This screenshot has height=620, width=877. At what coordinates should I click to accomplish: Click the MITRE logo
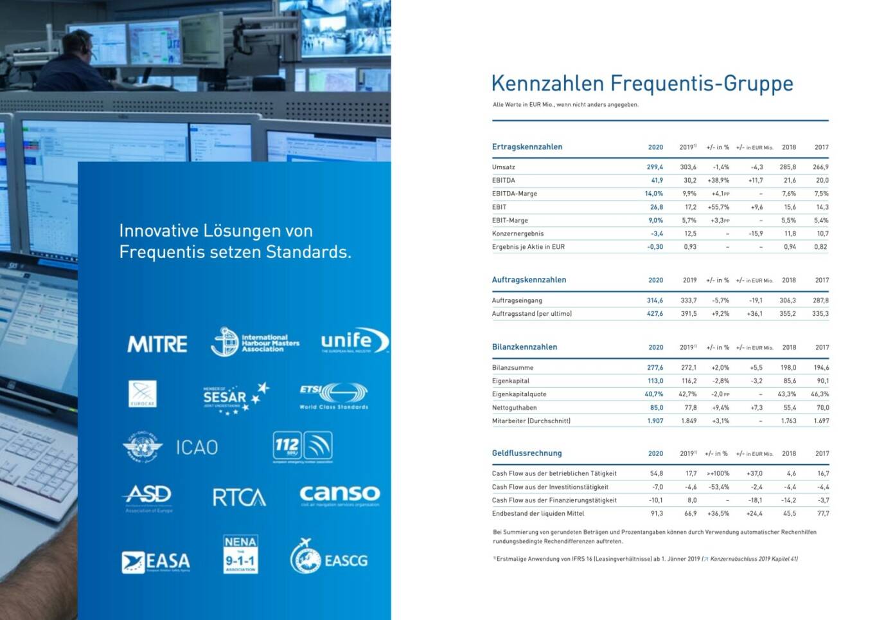tap(157, 344)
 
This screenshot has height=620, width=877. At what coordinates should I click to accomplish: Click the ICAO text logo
tap(197, 447)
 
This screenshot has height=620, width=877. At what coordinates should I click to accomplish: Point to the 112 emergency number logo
tap(303, 446)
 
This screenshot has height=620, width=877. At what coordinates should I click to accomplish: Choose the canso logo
tap(339, 495)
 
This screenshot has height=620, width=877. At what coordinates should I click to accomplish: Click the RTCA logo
tap(239, 497)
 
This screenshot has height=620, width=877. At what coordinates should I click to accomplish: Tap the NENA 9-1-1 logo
tap(240, 554)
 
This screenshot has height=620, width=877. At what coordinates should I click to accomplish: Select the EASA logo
tap(156, 561)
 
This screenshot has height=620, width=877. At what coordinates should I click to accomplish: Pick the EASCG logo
tap(329, 558)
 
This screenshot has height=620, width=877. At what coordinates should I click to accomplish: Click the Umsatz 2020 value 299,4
tap(655, 167)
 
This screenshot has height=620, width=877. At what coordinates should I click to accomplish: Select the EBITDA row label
tap(504, 181)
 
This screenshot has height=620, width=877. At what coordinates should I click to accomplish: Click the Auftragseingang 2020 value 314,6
tap(655, 300)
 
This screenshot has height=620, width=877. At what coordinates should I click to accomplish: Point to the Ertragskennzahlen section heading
tap(527, 147)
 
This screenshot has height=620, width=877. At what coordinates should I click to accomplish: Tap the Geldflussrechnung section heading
tap(527, 453)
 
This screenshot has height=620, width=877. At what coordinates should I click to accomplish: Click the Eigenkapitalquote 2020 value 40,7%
tap(653, 394)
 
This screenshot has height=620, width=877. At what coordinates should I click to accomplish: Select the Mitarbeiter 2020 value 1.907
tap(655, 421)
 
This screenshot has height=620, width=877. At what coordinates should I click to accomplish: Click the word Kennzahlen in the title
tap(547, 84)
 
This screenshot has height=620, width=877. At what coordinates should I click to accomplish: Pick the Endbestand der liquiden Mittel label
tap(538, 514)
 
